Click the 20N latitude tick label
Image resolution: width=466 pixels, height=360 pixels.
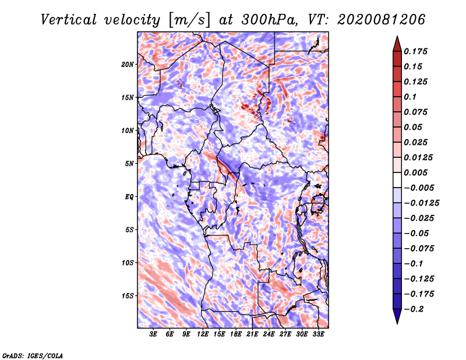pyautogui.click(x=128, y=64)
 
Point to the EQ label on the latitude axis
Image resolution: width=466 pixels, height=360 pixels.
pyautogui.click(x=129, y=196)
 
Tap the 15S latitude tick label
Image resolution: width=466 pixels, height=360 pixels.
pyautogui.click(x=128, y=296)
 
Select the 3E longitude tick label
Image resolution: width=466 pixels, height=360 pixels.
pyautogui.click(x=153, y=334)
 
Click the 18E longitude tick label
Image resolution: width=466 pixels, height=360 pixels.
pyautogui.click(x=236, y=334)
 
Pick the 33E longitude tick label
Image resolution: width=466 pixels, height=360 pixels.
pyautogui.click(x=318, y=334)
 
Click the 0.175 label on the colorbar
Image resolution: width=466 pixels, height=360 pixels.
pyautogui.click(x=415, y=51)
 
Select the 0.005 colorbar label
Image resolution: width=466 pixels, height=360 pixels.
pyautogui.click(x=415, y=172)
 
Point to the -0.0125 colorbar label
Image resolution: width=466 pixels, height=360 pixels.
pyautogui.click(x=421, y=203)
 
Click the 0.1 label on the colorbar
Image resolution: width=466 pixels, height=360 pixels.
pyautogui.click(x=410, y=97)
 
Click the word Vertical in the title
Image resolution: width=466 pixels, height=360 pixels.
pyautogui.click(x=68, y=20)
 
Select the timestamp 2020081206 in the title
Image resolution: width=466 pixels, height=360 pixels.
pyautogui.click(x=381, y=20)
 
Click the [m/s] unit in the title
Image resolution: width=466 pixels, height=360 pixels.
pyautogui.click(x=189, y=20)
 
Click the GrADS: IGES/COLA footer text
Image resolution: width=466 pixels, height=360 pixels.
pyautogui.click(x=33, y=355)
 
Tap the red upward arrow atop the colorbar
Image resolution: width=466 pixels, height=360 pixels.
pyautogui.click(x=397, y=44)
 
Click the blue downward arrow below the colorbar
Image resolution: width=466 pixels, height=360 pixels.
pyautogui.click(x=397, y=316)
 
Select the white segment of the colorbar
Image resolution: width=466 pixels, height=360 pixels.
pyautogui.click(x=397, y=180)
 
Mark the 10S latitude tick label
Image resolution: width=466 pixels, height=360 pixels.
pyautogui.click(x=128, y=263)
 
